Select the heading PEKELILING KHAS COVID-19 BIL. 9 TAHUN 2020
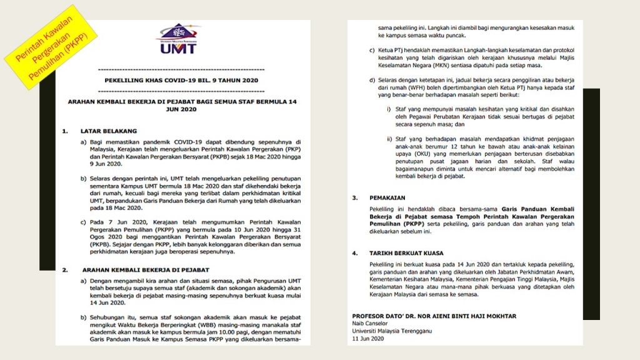click(x=181, y=81)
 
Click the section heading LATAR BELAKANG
click(x=108, y=131)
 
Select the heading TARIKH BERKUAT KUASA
click(x=406, y=253)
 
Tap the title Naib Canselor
click(x=370, y=323)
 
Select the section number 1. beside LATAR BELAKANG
click(x=64, y=131)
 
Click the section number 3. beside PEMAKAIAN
click(x=354, y=197)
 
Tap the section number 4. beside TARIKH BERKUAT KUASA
click(x=354, y=253)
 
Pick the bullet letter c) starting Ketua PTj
click(x=372, y=50)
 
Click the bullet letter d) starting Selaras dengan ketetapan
click(x=372, y=79)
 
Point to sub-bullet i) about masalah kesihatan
click(x=388, y=109)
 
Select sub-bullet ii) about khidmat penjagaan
click(x=389, y=139)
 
